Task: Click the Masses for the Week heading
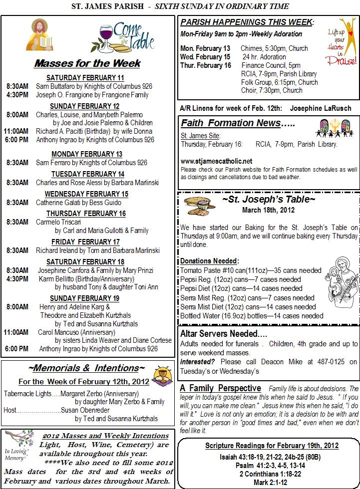[x=87, y=64]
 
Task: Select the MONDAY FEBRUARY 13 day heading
[x=87, y=154]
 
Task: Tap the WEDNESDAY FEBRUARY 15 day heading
[x=86, y=194]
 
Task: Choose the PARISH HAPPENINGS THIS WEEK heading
[x=247, y=23]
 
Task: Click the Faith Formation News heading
[x=238, y=123]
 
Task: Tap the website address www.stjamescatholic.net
[x=216, y=161]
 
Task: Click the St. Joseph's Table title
[x=269, y=200]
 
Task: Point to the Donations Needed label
[x=209, y=261]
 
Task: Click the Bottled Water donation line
[x=252, y=316]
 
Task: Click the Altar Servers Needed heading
[x=223, y=333]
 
